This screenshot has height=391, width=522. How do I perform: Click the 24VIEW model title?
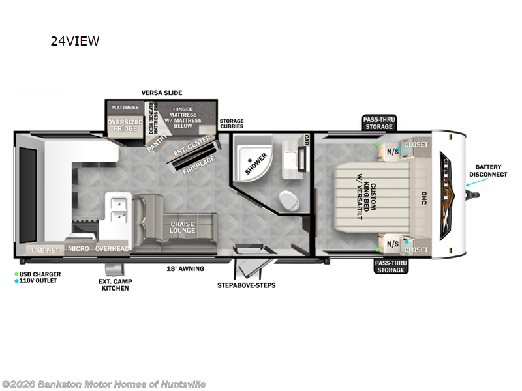[x=75, y=42]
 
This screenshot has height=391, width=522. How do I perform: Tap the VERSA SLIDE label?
[x=162, y=93]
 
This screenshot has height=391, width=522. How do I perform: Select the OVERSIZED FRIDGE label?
[x=125, y=124]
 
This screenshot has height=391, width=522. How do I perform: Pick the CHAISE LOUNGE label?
[x=183, y=227]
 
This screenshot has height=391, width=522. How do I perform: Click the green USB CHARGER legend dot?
[x=17, y=273]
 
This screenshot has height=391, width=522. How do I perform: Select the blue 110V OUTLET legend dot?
[x=17, y=280]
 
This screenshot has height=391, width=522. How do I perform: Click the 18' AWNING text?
[x=185, y=268]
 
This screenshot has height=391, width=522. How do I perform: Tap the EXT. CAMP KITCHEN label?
[x=115, y=284]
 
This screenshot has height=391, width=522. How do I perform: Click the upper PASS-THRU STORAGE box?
[x=378, y=123]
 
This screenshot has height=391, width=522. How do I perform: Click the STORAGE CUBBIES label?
[x=232, y=124]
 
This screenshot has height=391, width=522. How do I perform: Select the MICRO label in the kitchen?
[x=78, y=249]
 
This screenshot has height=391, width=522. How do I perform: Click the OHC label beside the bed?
[x=423, y=198]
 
